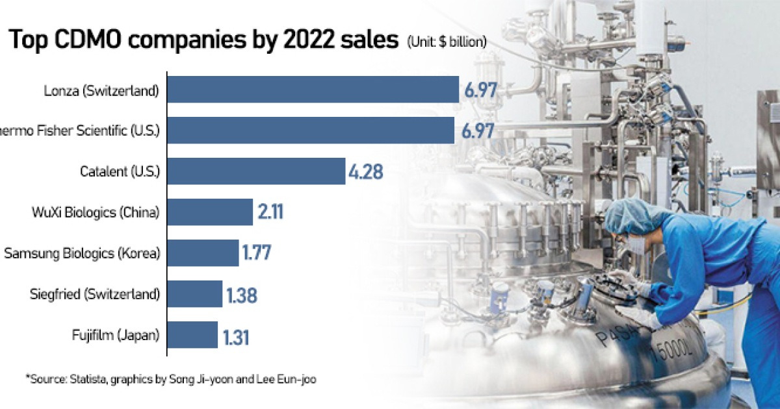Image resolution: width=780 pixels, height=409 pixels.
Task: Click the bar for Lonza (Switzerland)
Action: click(x=313, y=90)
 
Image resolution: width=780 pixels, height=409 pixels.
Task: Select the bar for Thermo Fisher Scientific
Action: click(x=311, y=130)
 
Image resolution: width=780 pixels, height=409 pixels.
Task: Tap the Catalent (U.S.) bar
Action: click(x=257, y=171)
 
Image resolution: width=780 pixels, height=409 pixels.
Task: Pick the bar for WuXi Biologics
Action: click(x=211, y=212)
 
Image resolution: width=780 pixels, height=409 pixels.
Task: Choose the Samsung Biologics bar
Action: click(x=203, y=253)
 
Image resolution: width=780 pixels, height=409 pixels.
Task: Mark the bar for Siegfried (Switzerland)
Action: click(x=195, y=294)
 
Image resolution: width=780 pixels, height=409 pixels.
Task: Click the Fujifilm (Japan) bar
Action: click(x=193, y=335)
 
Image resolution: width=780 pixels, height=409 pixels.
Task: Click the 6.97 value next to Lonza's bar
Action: click(x=480, y=90)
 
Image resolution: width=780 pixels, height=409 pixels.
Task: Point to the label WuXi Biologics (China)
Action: click(x=96, y=212)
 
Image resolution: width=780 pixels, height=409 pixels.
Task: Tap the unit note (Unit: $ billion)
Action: click(x=447, y=42)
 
